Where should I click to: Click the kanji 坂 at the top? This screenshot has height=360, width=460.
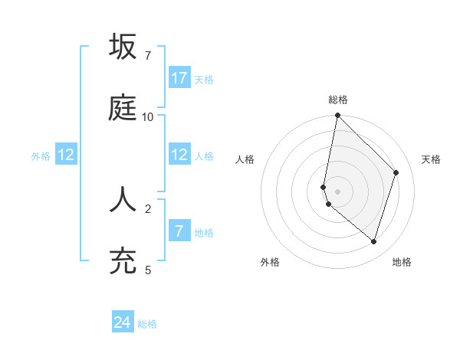123,47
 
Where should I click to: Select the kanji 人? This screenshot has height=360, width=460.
123,198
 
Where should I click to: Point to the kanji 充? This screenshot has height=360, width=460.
123,260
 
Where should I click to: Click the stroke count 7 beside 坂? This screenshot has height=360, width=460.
147,56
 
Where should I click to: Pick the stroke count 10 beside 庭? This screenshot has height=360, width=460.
147,117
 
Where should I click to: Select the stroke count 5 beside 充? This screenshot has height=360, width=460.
147,270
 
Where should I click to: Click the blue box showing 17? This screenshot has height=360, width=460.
179,78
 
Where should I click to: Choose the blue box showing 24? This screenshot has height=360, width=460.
123,322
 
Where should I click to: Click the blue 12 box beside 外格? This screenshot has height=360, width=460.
66,155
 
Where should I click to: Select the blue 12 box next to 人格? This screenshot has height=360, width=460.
179,155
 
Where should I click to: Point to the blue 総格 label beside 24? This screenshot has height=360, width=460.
147,324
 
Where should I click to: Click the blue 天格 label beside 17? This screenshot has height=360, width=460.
204,80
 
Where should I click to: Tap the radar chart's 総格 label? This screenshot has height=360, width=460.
338,100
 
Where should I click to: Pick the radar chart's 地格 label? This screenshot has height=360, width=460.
402,262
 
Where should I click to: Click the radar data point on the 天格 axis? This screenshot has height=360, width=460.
396,172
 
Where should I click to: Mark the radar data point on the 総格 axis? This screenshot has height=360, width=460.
337,116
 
